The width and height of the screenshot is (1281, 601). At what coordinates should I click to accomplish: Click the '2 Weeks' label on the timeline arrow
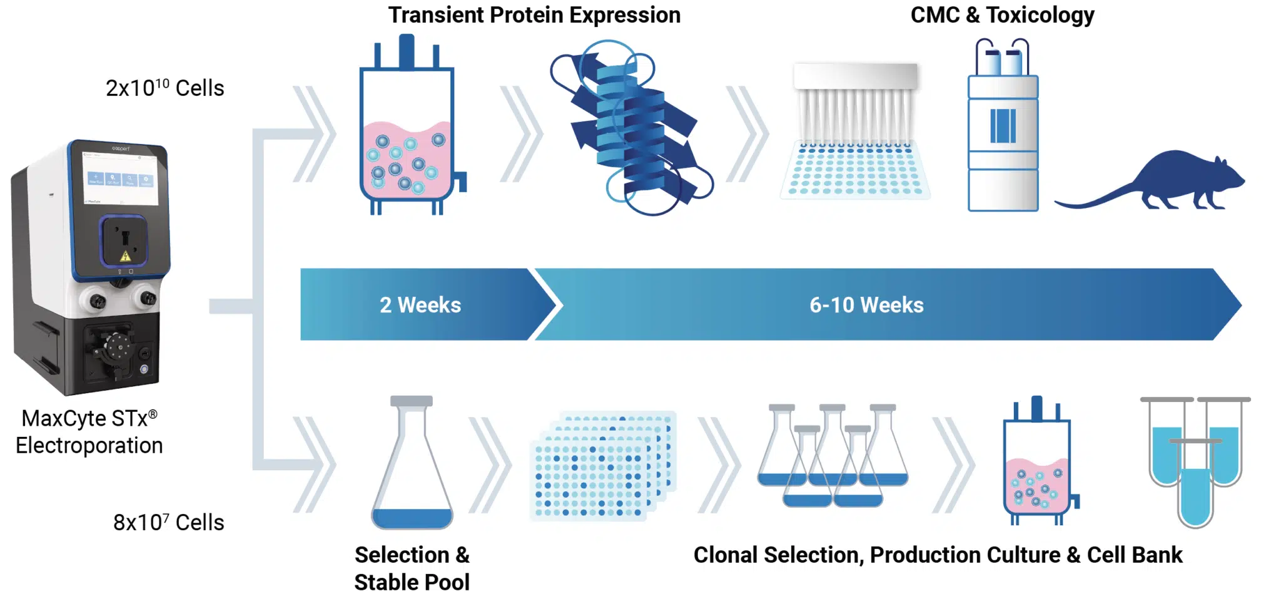[420, 305]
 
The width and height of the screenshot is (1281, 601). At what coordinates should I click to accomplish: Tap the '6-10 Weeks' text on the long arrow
[866, 305]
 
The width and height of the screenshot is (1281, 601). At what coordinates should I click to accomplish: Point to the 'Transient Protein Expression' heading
[534, 15]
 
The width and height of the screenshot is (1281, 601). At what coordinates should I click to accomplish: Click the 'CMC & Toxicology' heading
[1001, 15]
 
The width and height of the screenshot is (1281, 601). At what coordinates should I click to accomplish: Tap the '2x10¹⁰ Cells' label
[165, 88]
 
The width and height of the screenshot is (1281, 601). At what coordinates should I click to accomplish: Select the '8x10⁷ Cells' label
[168, 522]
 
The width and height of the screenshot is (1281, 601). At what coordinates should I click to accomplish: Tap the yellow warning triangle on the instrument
[125, 256]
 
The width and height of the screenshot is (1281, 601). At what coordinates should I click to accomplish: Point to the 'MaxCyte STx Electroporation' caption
[89, 432]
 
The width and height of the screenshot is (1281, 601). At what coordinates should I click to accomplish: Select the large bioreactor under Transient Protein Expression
[407, 138]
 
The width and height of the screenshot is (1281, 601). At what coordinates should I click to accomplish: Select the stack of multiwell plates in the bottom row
[600, 466]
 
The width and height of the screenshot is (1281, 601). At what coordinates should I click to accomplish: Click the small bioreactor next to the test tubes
[1036, 470]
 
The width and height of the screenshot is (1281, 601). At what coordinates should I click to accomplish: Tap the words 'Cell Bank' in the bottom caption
[1134, 555]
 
